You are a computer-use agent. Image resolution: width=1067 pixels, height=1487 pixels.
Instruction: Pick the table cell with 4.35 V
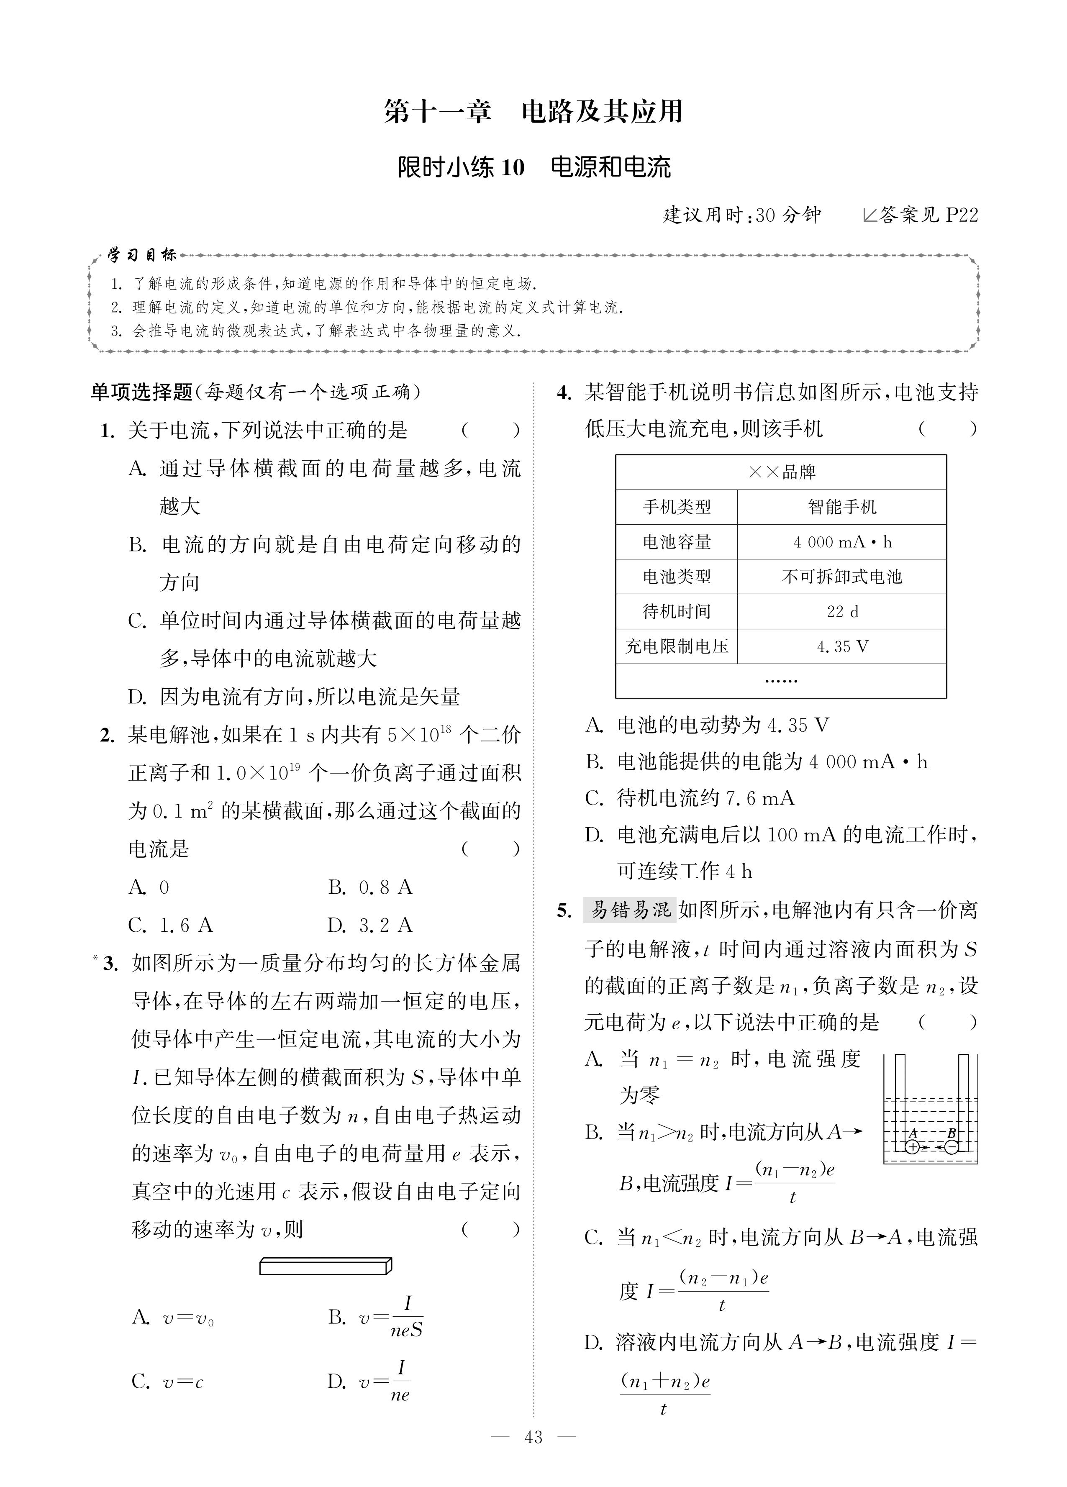tap(842, 646)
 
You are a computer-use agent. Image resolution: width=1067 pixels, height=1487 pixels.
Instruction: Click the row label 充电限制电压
tap(676, 646)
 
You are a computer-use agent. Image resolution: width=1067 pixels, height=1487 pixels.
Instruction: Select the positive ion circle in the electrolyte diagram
tap(912, 1147)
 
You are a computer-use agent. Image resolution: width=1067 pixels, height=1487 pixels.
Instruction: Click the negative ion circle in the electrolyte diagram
tap(952, 1147)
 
